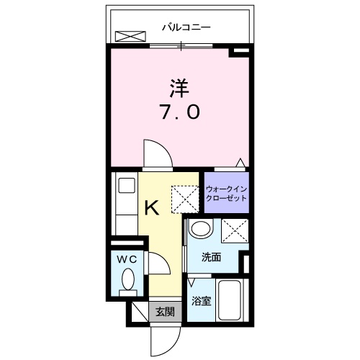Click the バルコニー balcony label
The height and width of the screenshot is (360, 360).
[x=186, y=28]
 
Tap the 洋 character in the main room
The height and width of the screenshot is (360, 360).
[x=179, y=89]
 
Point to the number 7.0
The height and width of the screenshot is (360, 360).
[x=180, y=112]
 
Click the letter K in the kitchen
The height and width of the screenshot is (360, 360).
[x=152, y=209]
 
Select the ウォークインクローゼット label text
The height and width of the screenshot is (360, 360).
[x=226, y=194]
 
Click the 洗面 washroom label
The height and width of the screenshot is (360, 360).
[x=210, y=257]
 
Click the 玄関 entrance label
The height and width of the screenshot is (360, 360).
[x=165, y=311]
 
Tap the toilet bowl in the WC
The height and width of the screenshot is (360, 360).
[x=127, y=279]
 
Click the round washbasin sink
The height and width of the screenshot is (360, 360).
[x=202, y=230]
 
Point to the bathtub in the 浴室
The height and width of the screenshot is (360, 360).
[x=231, y=301]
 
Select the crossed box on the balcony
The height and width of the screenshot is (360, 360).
[x=131, y=36]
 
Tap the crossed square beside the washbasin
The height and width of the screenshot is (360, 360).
[x=235, y=231]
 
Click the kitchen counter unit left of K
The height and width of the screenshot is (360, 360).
[x=126, y=209]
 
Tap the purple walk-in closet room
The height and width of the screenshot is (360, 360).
[x=225, y=193]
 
